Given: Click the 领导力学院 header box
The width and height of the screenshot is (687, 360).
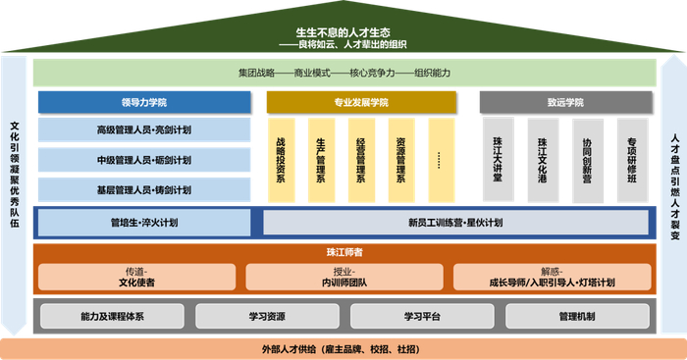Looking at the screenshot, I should click(144, 102).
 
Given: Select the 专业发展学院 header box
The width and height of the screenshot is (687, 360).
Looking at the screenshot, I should click(361, 102).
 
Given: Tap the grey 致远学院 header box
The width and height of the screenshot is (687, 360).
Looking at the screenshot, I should click(564, 102).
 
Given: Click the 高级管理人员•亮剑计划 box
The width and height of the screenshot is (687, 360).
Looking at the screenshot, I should click(144, 130).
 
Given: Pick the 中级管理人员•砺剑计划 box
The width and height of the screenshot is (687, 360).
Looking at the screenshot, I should click(144, 160).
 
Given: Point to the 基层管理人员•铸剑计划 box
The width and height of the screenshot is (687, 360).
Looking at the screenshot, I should click(144, 189).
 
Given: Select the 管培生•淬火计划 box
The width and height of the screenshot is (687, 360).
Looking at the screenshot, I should click(144, 223).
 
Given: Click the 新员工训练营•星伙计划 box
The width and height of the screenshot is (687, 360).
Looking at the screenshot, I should click(455, 223).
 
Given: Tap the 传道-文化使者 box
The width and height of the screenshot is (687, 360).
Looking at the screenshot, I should click(136, 277).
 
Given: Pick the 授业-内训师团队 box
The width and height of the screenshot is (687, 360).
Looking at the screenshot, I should click(344, 277).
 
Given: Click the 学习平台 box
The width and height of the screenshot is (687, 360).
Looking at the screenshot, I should click(422, 316).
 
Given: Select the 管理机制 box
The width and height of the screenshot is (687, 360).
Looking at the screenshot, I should click(576, 316).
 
